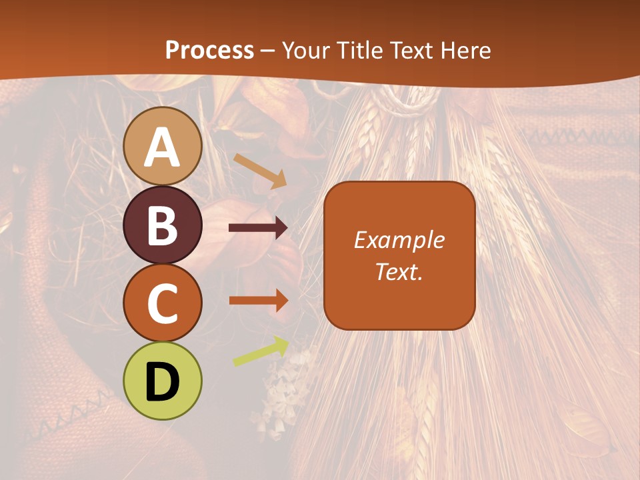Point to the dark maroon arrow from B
pos(258,228)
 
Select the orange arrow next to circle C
pos(258,301)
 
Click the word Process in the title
pos(209,50)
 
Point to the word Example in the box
pos(399,240)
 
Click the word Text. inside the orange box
pos(399,271)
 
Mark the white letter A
pos(162,147)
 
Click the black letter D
pos(162,382)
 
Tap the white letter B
pos(162,225)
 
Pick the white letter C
pos(162,303)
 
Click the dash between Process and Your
pos(268,51)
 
